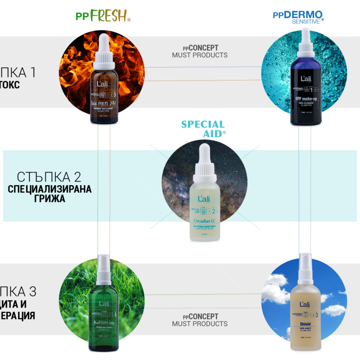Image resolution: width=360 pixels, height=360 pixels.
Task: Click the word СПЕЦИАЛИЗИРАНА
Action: pos(50,189)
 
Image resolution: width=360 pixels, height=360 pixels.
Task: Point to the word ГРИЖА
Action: pos(50,198)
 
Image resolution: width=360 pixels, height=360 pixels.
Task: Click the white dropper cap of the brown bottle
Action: pos(104,53)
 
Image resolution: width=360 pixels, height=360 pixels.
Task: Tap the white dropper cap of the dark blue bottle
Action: pos(306,47)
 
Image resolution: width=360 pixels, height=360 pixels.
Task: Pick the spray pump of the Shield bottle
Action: pos(305,265)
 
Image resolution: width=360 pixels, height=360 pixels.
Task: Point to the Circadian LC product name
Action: pos(205,221)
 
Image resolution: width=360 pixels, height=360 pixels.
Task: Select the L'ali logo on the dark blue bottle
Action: pos(306,79)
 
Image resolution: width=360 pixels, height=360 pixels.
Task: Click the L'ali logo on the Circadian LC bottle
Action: pos(205,199)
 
